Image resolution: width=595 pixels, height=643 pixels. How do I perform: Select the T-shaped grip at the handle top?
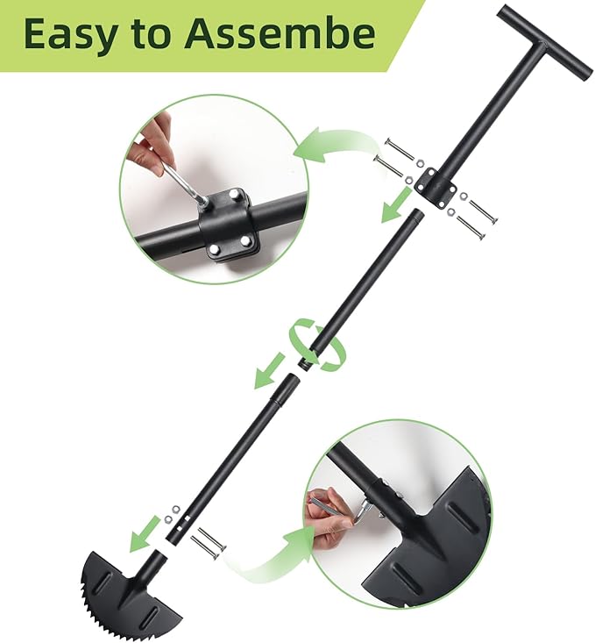545,40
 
